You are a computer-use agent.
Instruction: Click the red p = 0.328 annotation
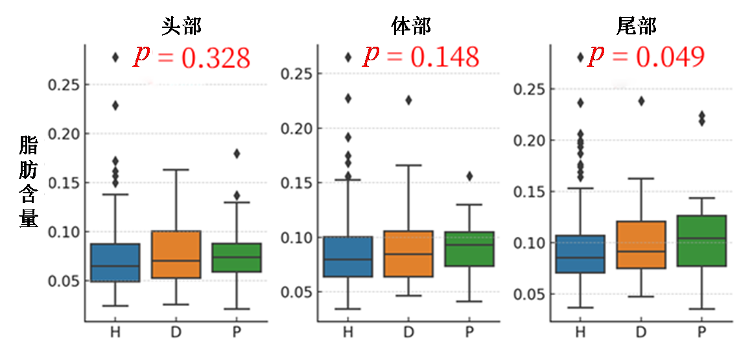[192, 58]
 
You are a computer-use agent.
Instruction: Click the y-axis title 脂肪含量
[29, 182]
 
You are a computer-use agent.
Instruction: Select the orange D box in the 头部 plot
[176, 254]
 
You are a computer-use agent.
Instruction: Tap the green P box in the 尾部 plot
[701, 240]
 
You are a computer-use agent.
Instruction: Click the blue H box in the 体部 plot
[348, 257]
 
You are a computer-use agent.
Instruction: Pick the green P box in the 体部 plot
[469, 248]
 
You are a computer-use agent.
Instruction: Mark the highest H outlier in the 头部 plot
[115, 57]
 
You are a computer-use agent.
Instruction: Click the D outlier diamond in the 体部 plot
[408, 100]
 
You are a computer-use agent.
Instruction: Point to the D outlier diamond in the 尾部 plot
[641, 101]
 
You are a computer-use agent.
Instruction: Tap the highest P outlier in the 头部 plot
[237, 154]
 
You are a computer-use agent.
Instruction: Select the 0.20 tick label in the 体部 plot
[295, 128]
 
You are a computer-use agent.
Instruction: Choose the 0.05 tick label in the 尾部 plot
[526, 294]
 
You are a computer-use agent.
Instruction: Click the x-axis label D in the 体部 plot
[408, 333]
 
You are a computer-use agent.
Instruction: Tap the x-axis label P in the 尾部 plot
[701, 333]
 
